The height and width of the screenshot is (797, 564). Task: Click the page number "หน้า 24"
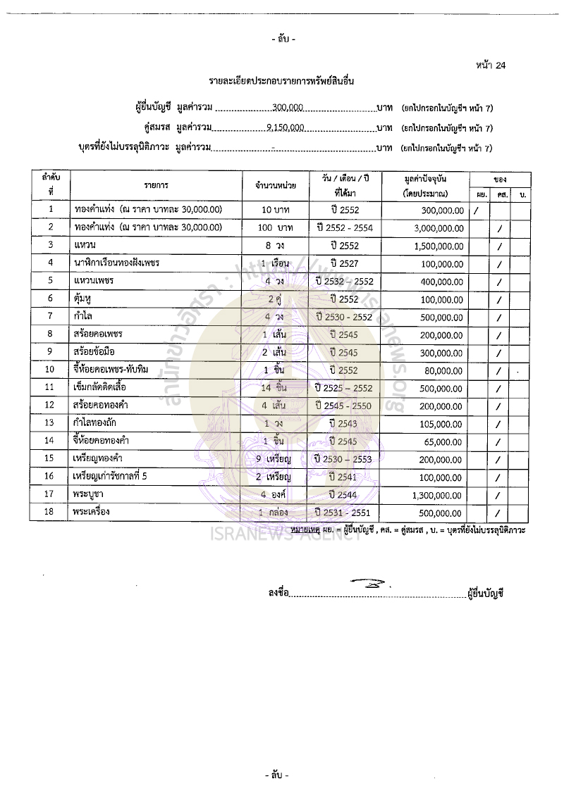coord(491,65)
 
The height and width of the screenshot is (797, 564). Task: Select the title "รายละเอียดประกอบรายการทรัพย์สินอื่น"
coord(281,82)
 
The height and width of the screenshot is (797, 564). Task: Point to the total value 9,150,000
coord(286,128)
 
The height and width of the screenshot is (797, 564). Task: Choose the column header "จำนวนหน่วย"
coord(275,185)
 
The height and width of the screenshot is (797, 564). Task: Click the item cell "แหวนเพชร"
coord(94,280)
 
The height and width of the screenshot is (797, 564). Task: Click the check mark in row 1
coord(477,210)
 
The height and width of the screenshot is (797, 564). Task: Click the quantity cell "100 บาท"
coord(275,227)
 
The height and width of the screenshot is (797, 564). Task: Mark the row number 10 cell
coord(51,370)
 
